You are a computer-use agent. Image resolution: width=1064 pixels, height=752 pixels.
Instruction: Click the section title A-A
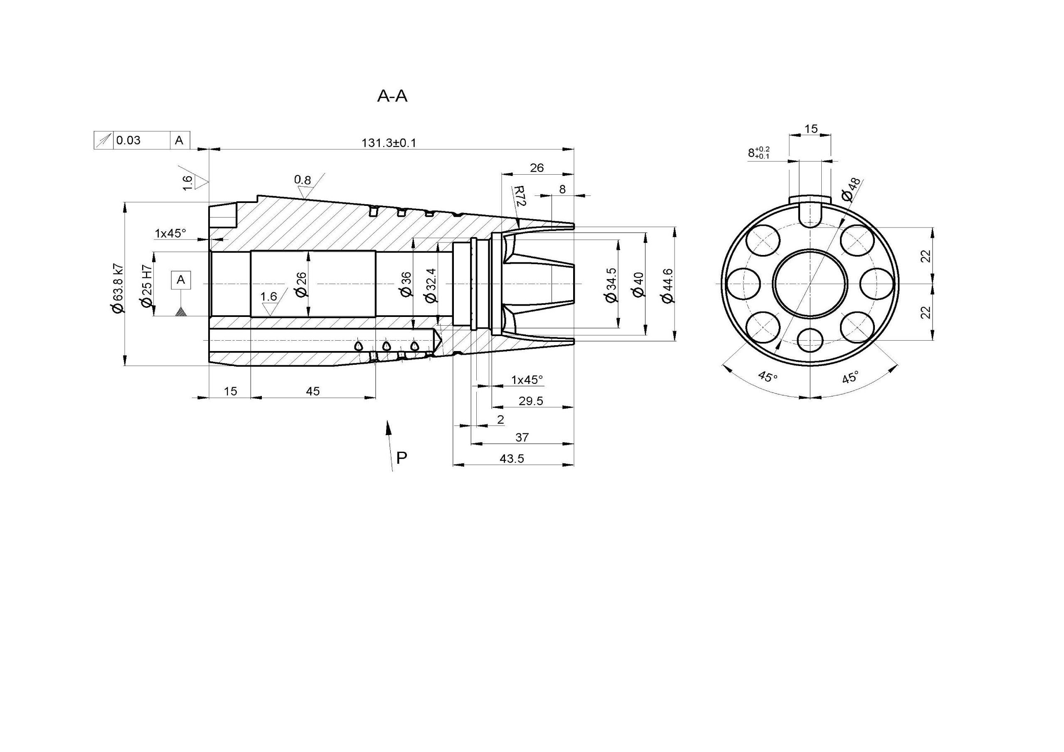(x=392, y=96)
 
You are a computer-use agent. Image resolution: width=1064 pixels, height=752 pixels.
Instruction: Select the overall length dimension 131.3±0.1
(x=389, y=142)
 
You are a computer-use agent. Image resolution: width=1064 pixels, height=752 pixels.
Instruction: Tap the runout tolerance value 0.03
(x=128, y=140)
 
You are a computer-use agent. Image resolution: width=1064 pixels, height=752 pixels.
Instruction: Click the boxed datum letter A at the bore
(x=181, y=280)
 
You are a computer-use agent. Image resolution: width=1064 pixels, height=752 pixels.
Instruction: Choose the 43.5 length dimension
(x=512, y=458)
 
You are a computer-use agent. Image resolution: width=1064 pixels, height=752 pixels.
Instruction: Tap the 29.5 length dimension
(x=531, y=401)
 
